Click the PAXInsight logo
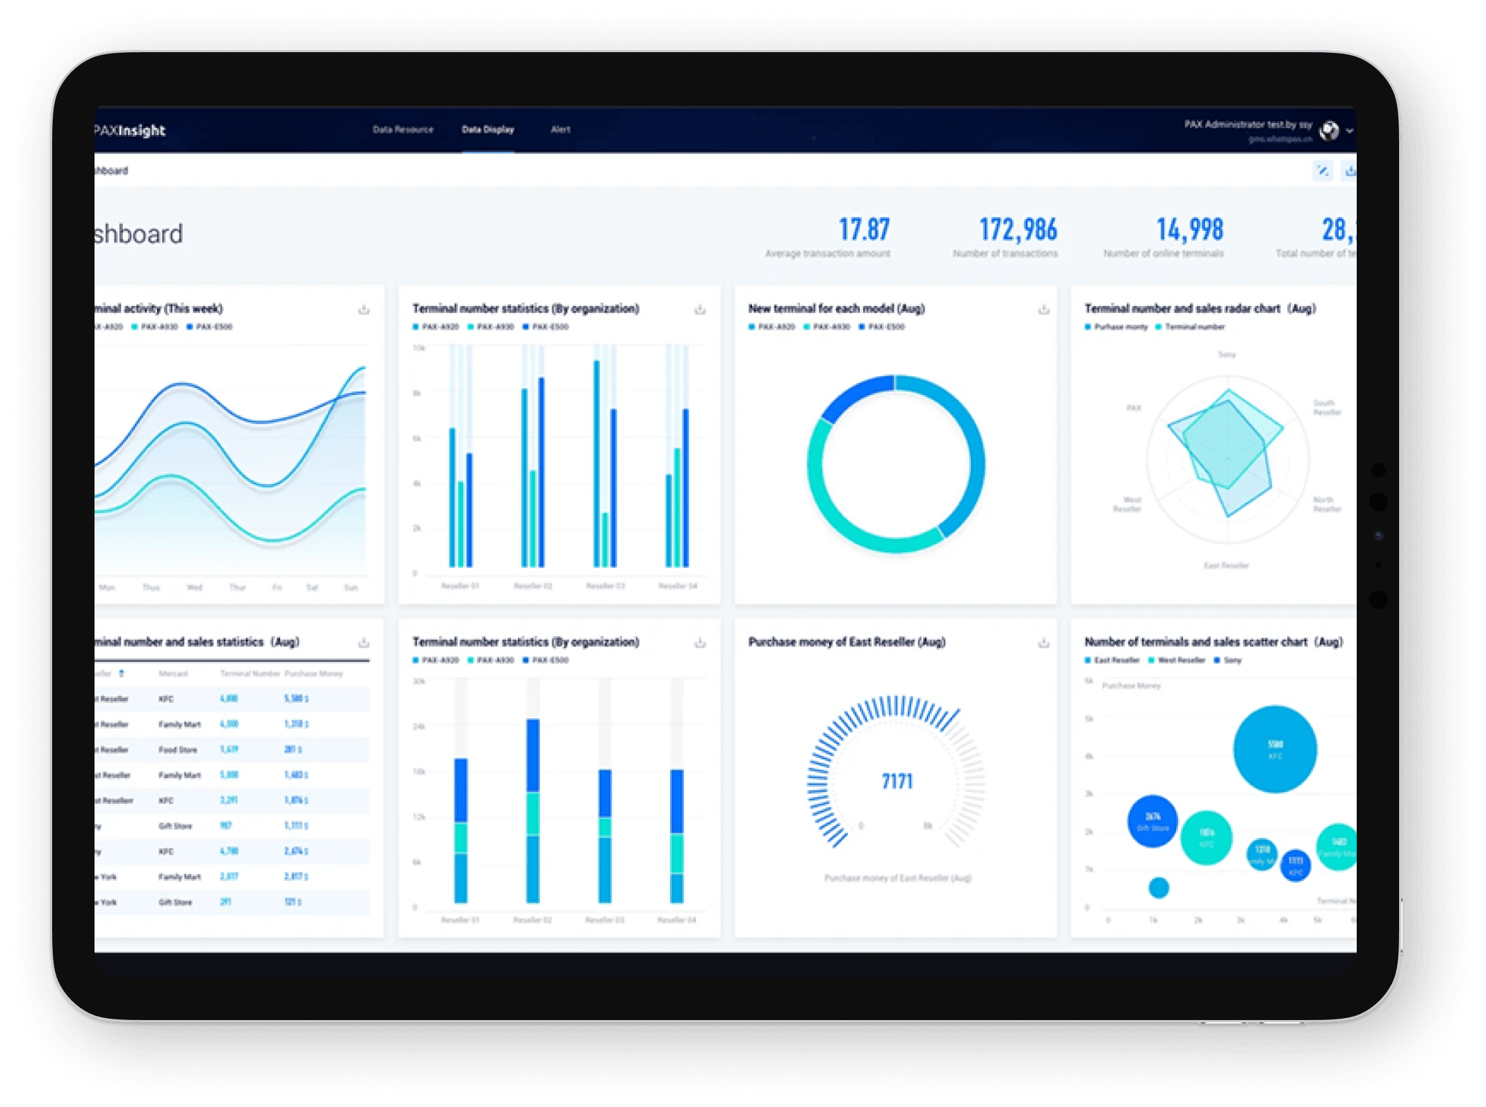click(x=130, y=130)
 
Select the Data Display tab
click(x=488, y=129)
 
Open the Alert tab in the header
click(x=560, y=129)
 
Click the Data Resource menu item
click(x=402, y=129)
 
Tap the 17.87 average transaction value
click(x=863, y=229)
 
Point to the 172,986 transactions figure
click(x=1018, y=229)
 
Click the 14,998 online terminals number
click(x=1189, y=229)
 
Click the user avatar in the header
click(x=1329, y=130)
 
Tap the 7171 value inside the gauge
click(x=897, y=782)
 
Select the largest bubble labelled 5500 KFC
click(x=1275, y=749)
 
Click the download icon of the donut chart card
click(x=1043, y=309)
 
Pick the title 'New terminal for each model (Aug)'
click(x=836, y=308)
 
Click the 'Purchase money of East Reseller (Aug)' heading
click(x=847, y=642)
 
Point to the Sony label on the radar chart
click(x=1227, y=355)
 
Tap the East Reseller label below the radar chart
click(x=1226, y=565)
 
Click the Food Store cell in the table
click(x=178, y=750)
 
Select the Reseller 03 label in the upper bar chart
click(x=605, y=586)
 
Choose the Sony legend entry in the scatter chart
click(x=1232, y=660)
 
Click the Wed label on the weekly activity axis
click(x=195, y=588)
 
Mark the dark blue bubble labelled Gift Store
click(x=1152, y=821)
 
